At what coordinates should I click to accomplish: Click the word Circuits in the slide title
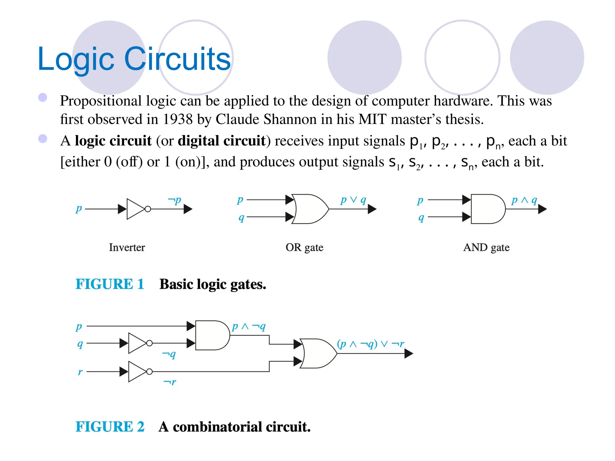[177, 59]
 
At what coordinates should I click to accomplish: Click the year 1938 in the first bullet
[177, 119]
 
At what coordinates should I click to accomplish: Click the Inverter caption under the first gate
[127, 248]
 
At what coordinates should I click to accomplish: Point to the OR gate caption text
[304, 248]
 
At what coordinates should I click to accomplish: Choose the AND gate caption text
[486, 248]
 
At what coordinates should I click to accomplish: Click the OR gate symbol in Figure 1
[309, 209]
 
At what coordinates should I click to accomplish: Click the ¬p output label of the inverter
[174, 200]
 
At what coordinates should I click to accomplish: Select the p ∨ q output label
[353, 200]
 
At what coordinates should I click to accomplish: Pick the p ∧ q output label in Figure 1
[524, 200]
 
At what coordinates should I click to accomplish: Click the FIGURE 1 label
[110, 284]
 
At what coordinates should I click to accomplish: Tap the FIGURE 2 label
[110, 427]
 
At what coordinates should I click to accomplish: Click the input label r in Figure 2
[80, 372]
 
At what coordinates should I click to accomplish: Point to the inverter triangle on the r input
[137, 372]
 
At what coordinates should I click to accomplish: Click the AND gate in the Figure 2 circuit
[212, 335]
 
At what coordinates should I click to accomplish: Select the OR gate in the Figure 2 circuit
[318, 354]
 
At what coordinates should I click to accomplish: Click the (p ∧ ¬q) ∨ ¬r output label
[371, 344]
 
